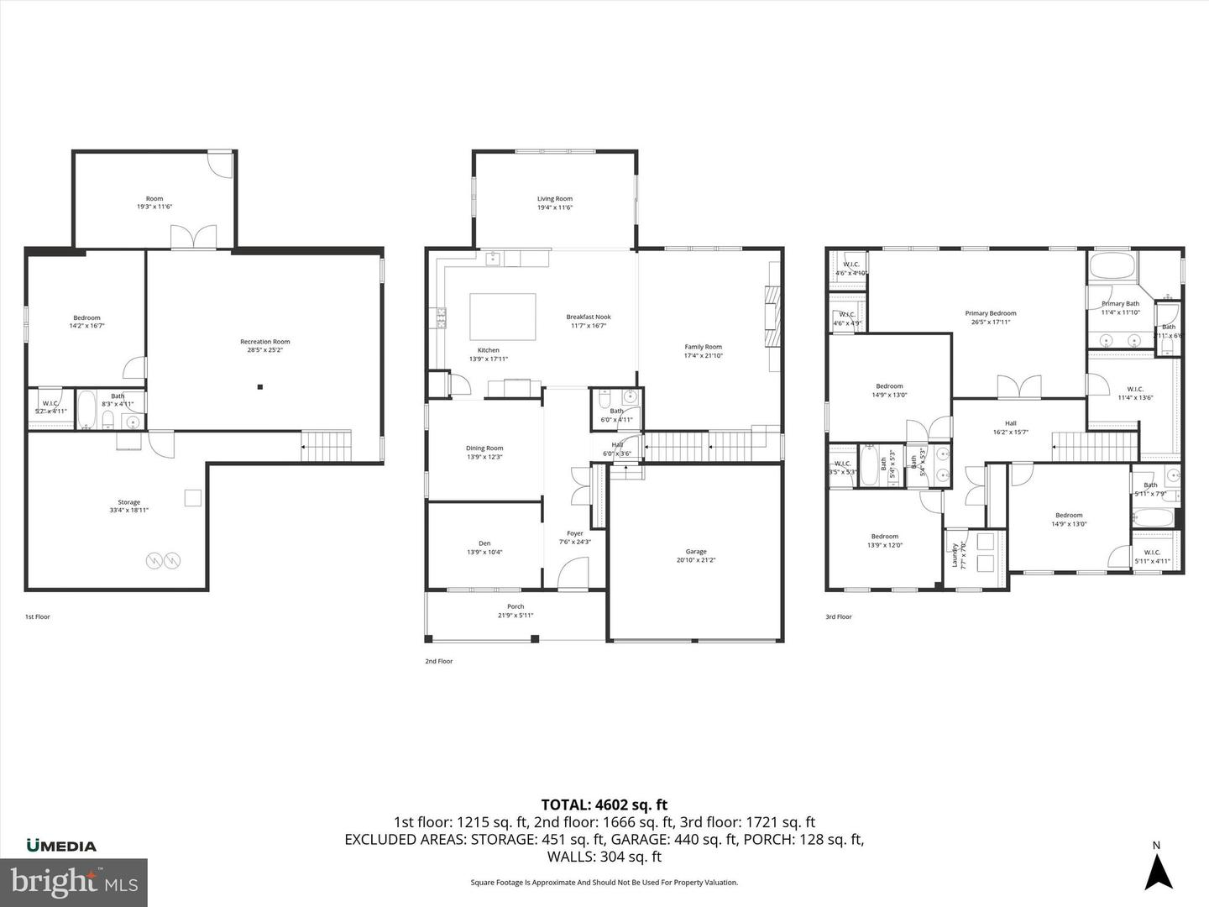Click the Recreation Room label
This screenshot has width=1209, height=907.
tap(264, 346)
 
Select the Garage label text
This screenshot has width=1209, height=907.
tap(696, 556)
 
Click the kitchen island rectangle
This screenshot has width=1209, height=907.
tap(502, 316)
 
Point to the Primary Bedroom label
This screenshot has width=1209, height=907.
tap(990, 317)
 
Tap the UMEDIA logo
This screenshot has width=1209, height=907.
tap(61, 846)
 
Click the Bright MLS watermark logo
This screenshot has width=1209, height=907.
tap(74, 882)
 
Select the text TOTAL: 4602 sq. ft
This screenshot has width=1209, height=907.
tap(604, 805)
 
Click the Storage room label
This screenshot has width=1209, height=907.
tap(128, 506)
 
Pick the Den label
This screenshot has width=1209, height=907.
tap(484, 548)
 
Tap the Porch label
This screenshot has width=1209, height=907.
tap(516, 611)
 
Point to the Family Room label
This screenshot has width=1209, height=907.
tap(703, 351)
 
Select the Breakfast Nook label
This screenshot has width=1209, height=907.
tap(588, 321)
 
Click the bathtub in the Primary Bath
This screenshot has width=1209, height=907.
tap(1112, 267)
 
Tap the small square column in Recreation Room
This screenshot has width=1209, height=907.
tap(260, 387)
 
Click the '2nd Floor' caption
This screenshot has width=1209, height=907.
tap(438, 661)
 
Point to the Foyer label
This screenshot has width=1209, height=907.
tap(575, 537)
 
